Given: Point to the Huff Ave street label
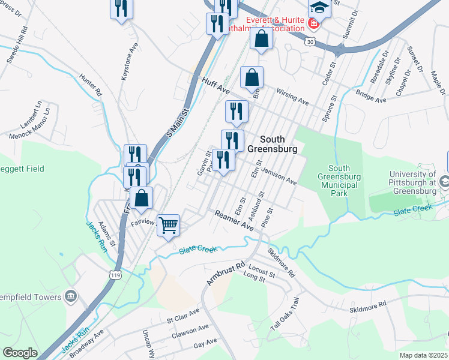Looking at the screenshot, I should [x=216, y=86].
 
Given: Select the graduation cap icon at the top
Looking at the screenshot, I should [x=320, y=9].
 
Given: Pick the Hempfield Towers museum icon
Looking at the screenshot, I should [x=71, y=296].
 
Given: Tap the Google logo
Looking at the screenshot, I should [x=20, y=353].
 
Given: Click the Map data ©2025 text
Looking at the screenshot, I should [x=423, y=355].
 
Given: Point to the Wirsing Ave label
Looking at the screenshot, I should [x=292, y=97].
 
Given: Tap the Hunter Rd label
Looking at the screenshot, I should [x=91, y=86].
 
